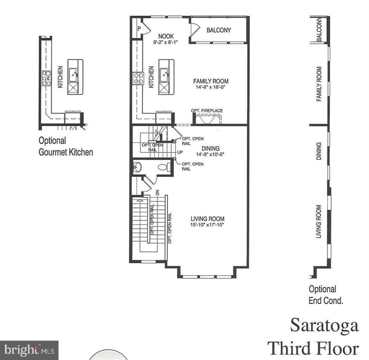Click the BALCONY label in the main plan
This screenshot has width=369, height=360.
click(x=219, y=31)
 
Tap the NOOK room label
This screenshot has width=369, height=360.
click(x=151, y=36)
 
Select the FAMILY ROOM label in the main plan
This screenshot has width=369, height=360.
click(x=210, y=82)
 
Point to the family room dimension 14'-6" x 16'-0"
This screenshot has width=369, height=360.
click(x=210, y=88)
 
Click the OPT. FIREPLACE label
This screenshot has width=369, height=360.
click(x=207, y=111)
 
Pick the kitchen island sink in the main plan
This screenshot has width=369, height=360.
click(x=164, y=73)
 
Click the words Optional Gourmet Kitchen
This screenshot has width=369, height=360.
click(x=66, y=147)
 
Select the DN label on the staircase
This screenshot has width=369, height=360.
click(x=157, y=192)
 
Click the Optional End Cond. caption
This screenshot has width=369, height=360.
click(x=326, y=294)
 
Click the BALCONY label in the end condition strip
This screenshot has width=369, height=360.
click(x=319, y=31)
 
